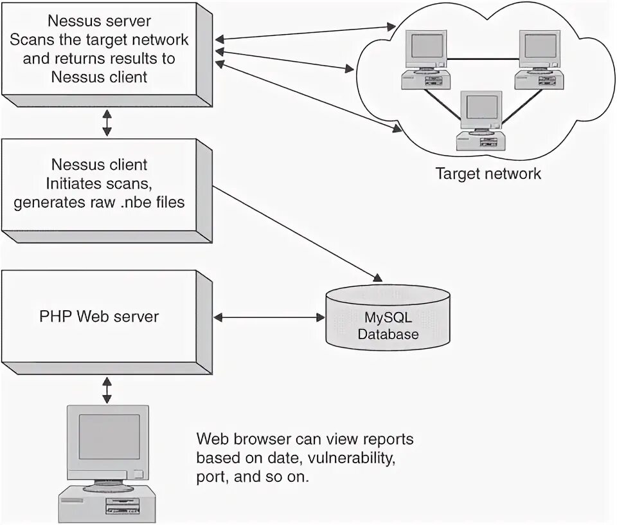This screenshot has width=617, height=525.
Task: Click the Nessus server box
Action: coord(100,49)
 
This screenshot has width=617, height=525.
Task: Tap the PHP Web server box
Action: coord(99,316)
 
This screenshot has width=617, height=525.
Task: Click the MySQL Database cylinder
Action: coord(388,318)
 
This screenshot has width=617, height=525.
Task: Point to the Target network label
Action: coord(488,174)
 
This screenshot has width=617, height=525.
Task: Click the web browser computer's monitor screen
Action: coord(109,436)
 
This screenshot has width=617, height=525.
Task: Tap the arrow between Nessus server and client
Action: coord(107,123)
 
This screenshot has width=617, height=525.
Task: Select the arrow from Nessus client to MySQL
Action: coord(296,234)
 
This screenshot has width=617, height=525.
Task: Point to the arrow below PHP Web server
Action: coord(107,391)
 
